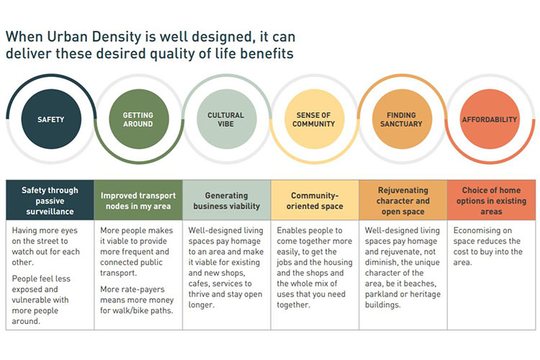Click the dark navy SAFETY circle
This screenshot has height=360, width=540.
click(x=51, y=120)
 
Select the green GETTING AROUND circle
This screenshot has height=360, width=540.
click(x=139, y=120)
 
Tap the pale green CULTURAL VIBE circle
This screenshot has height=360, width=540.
click(x=227, y=120)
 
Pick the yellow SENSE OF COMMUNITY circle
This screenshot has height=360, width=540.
click(x=315, y=120)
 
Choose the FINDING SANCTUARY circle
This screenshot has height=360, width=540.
click(x=402, y=120)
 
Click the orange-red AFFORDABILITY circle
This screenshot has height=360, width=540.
click(x=490, y=120)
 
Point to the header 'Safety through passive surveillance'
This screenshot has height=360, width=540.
click(x=50, y=200)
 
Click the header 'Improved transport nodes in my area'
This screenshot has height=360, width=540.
click(x=138, y=200)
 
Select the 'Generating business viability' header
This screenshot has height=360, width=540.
click(x=227, y=200)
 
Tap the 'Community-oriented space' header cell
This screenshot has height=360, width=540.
click(x=315, y=200)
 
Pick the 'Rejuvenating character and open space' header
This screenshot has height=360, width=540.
click(x=403, y=200)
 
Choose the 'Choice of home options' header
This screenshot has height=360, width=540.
click(x=492, y=200)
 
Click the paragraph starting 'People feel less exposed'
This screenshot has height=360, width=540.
click(x=41, y=300)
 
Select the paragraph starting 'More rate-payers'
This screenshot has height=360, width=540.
click(x=137, y=300)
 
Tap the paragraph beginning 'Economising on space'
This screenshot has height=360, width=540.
click(x=487, y=246)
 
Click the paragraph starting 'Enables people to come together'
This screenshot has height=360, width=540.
click(x=315, y=267)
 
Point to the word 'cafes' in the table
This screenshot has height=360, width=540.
click(x=199, y=284)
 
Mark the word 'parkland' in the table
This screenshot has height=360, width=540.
click(x=379, y=294)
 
